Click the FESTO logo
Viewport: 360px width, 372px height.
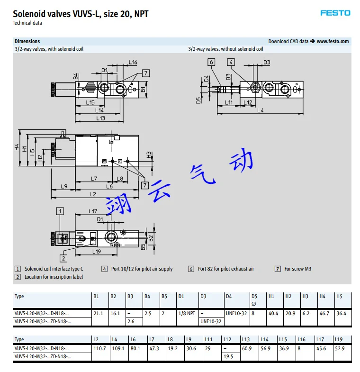[335, 13]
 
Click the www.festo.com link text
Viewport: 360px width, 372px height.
[333, 41]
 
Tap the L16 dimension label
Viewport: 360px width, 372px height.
[133, 62]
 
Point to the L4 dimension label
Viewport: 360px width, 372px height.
[261, 110]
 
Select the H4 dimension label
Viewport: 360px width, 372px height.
[17, 147]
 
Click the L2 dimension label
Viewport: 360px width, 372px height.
[93, 194]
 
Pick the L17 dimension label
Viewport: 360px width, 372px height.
[93, 211]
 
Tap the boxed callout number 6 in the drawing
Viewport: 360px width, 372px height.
[211, 62]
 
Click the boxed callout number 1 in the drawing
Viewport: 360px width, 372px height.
[60, 211]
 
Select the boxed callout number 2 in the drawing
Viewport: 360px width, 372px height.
[63, 258]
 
